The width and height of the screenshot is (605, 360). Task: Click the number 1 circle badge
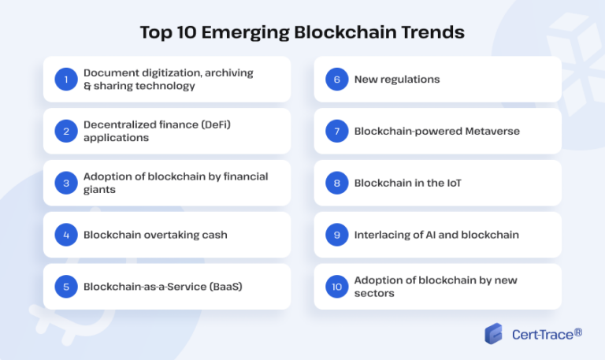tap(65, 79)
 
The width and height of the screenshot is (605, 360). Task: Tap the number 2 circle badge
tap(65, 131)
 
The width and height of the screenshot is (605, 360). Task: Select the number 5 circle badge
tap(65, 287)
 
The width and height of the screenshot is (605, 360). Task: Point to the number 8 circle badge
tap(336, 183)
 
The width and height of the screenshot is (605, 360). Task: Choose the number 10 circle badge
tap(336, 287)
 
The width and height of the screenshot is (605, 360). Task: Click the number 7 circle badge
tap(336, 131)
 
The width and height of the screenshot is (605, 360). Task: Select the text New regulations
tap(397, 79)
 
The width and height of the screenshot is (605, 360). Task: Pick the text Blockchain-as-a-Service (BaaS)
tap(162, 287)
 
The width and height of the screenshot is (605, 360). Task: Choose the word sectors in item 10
tap(374, 293)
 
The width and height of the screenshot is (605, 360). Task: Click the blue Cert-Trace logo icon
tap(493, 334)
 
